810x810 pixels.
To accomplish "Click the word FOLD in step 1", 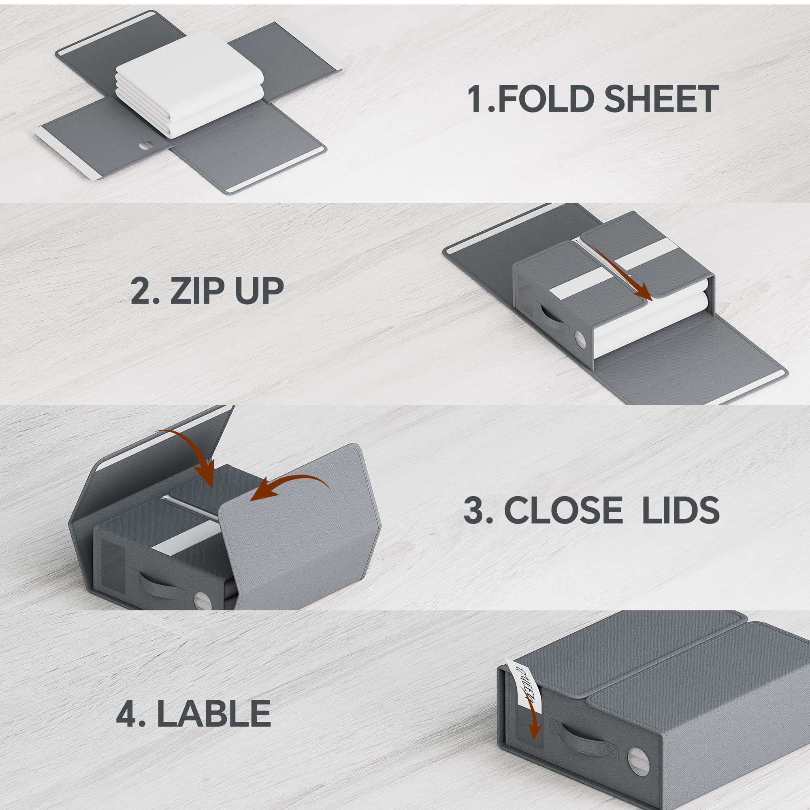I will click(541, 99).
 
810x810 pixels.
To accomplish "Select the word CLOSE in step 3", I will click(563, 510).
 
